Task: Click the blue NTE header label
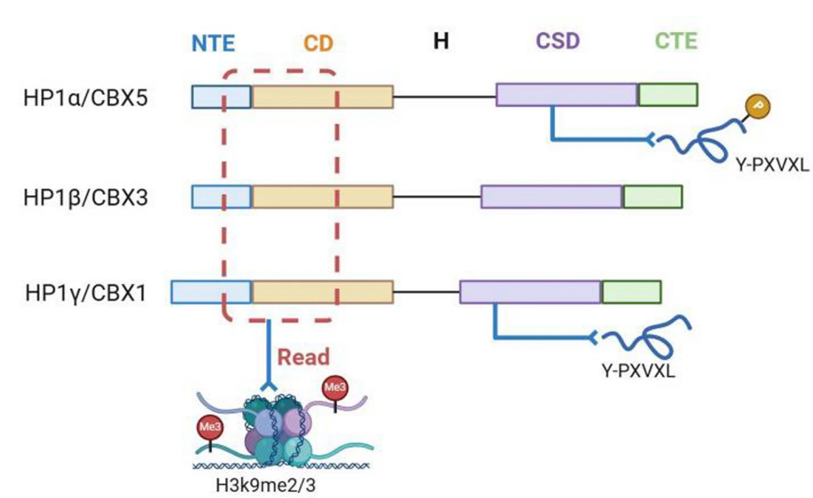[x=213, y=43]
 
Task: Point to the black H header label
[x=441, y=42]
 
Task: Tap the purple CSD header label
[x=558, y=42]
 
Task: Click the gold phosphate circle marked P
[x=756, y=106]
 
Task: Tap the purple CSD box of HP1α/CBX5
[x=566, y=95]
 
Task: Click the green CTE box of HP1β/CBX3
[x=652, y=197]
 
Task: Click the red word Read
[x=304, y=357]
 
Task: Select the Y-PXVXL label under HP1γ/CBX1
[x=638, y=374]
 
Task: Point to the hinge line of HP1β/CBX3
[x=437, y=197]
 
